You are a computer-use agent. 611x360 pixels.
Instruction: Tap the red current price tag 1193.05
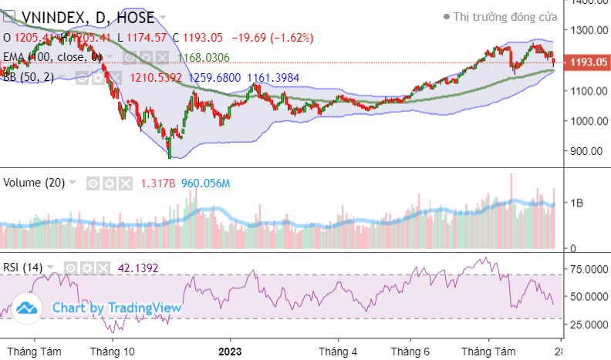point(588,62)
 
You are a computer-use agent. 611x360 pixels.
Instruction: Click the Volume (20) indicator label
point(35,183)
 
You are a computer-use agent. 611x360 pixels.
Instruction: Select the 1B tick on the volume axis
point(577,203)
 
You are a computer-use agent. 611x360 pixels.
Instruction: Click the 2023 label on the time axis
point(229,351)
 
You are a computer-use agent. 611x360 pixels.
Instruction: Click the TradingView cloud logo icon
point(28,308)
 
